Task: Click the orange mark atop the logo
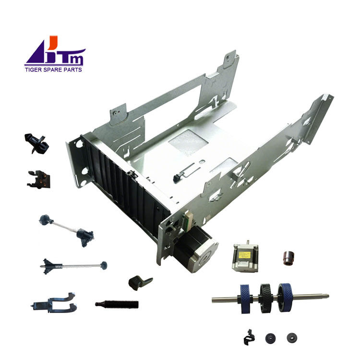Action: click(53, 43)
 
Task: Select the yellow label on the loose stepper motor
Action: click(245, 255)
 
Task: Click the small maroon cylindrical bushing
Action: click(288, 258)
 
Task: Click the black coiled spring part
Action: click(117, 304)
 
